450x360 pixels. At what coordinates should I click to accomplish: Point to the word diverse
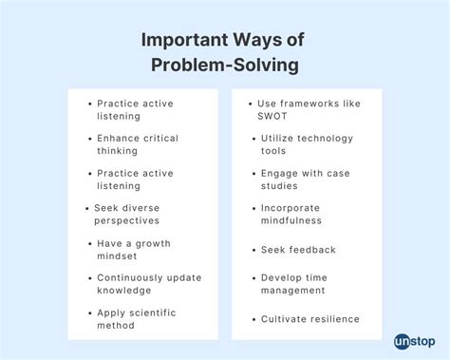pyautogui.click(x=143, y=207)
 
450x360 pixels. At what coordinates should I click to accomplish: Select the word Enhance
pyautogui.click(x=118, y=138)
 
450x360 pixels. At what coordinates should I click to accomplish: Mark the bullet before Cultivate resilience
pyautogui.click(x=254, y=318)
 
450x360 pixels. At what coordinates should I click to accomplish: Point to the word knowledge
pyautogui.click(x=124, y=290)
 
